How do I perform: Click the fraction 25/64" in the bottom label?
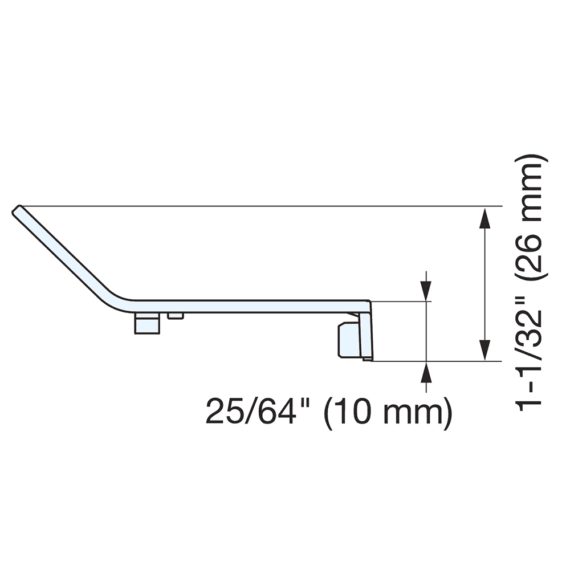[x=252, y=410]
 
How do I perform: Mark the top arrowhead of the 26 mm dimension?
[x=484, y=218]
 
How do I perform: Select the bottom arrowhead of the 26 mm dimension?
[x=484, y=350]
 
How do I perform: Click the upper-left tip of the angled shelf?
[x=17, y=209]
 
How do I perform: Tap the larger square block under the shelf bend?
[x=146, y=323]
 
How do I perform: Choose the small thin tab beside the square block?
[x=176, y=316]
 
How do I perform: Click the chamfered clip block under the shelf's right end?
[x=348, y=340]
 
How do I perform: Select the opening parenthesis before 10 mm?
[x=330, y=412]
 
